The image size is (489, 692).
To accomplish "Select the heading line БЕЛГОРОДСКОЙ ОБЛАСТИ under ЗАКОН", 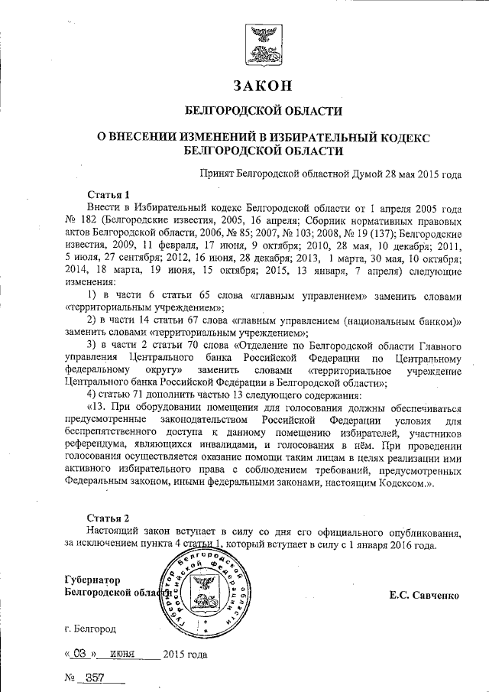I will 264,112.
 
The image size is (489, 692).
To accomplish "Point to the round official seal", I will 205,590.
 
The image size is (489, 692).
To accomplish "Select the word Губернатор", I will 92,580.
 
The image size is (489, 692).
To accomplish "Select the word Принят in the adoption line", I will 216,174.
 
